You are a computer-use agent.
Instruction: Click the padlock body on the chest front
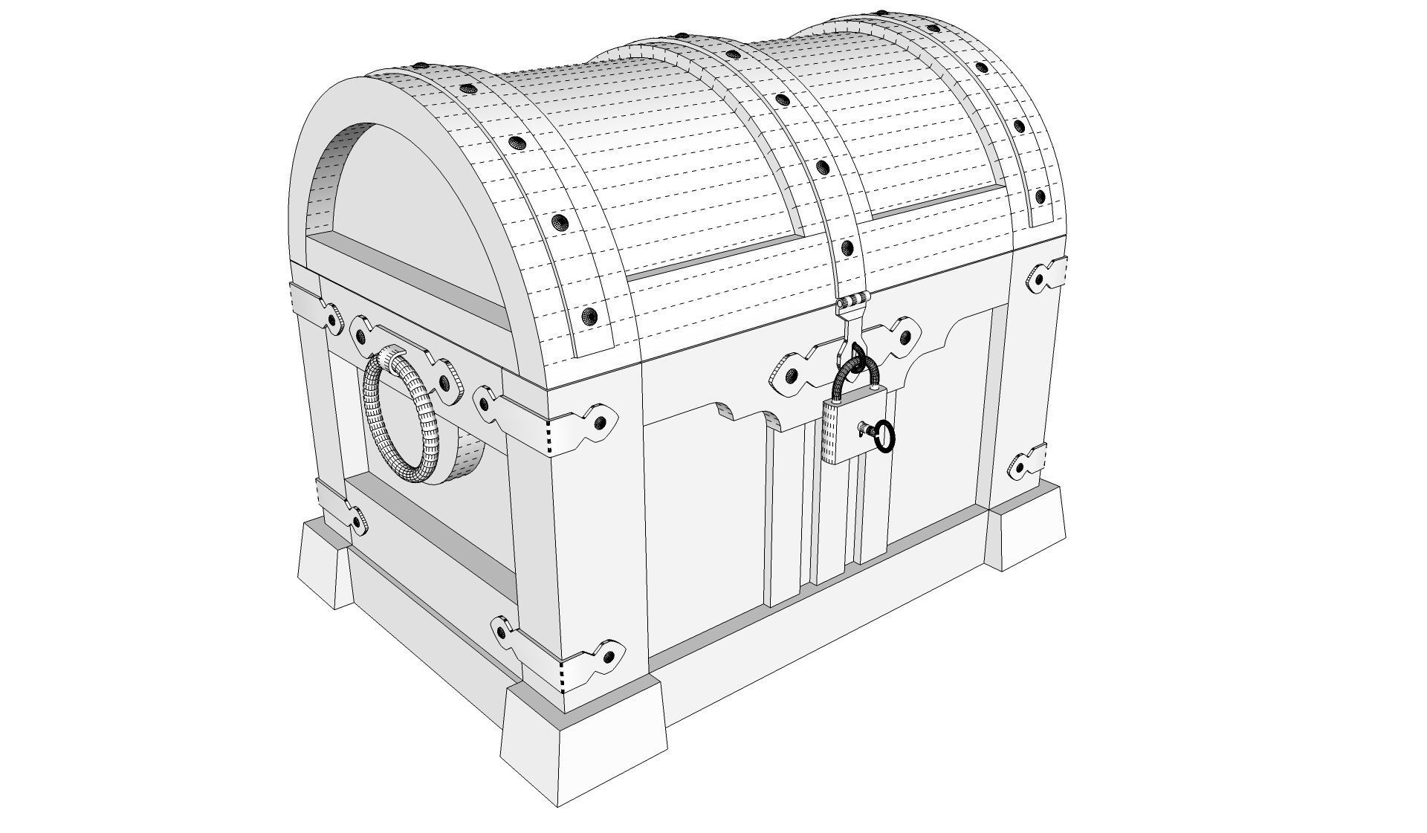tap(855, 431)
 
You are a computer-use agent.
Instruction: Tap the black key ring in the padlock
tap(884, 436)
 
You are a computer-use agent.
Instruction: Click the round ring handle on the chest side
tap(401, 416)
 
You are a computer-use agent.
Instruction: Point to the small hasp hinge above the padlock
tap(853, 302)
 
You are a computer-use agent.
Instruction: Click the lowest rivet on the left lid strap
tap(591, 315)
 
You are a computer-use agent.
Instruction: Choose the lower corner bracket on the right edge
tap(1026, 465)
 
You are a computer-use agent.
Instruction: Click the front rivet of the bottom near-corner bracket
tap(609, 656)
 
